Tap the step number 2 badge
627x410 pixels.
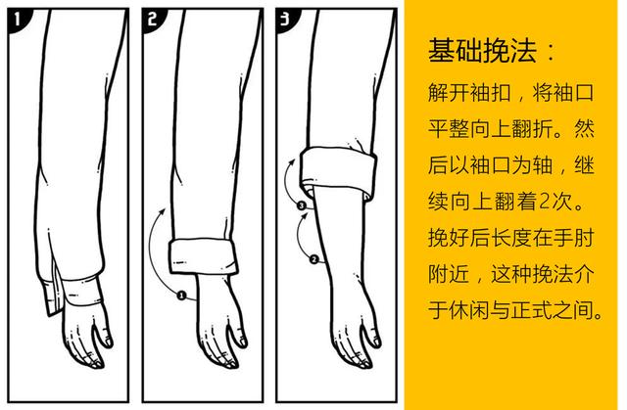click(156, 19)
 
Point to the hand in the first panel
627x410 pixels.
click(83, 338)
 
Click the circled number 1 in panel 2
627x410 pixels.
click(183, 294)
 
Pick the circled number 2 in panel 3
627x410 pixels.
click(313, 259)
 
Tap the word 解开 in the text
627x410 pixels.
click(452, 99)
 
